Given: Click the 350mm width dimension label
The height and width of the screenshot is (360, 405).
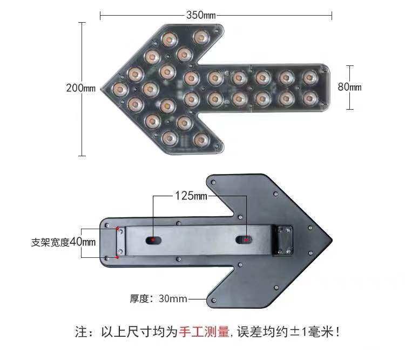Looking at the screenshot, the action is pyautogui.click(x=201, y=15).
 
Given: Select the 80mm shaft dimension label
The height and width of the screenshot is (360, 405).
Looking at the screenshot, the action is pyautogui.click(x=349, y=87).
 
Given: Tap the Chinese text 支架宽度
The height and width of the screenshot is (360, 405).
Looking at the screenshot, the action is pyautogui.click(x=50, y=243).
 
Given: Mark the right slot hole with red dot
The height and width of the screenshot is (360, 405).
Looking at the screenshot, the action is pyautogui.click(x=245, y=239).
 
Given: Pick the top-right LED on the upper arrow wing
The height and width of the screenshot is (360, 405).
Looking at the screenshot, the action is pyautogui.click(x=200, y=38).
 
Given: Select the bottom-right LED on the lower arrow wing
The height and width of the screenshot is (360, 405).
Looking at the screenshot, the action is pyautogui.click(x=200, y=139).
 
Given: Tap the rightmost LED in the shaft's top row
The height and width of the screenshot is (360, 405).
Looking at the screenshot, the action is pyautogui.click(x=309, y=78).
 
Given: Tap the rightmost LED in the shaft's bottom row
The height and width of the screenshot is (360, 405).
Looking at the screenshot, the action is pyautogui.click(x=309, y=98).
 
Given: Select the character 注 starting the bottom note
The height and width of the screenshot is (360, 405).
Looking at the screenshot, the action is pyautogui.click(x=81, y=331).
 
